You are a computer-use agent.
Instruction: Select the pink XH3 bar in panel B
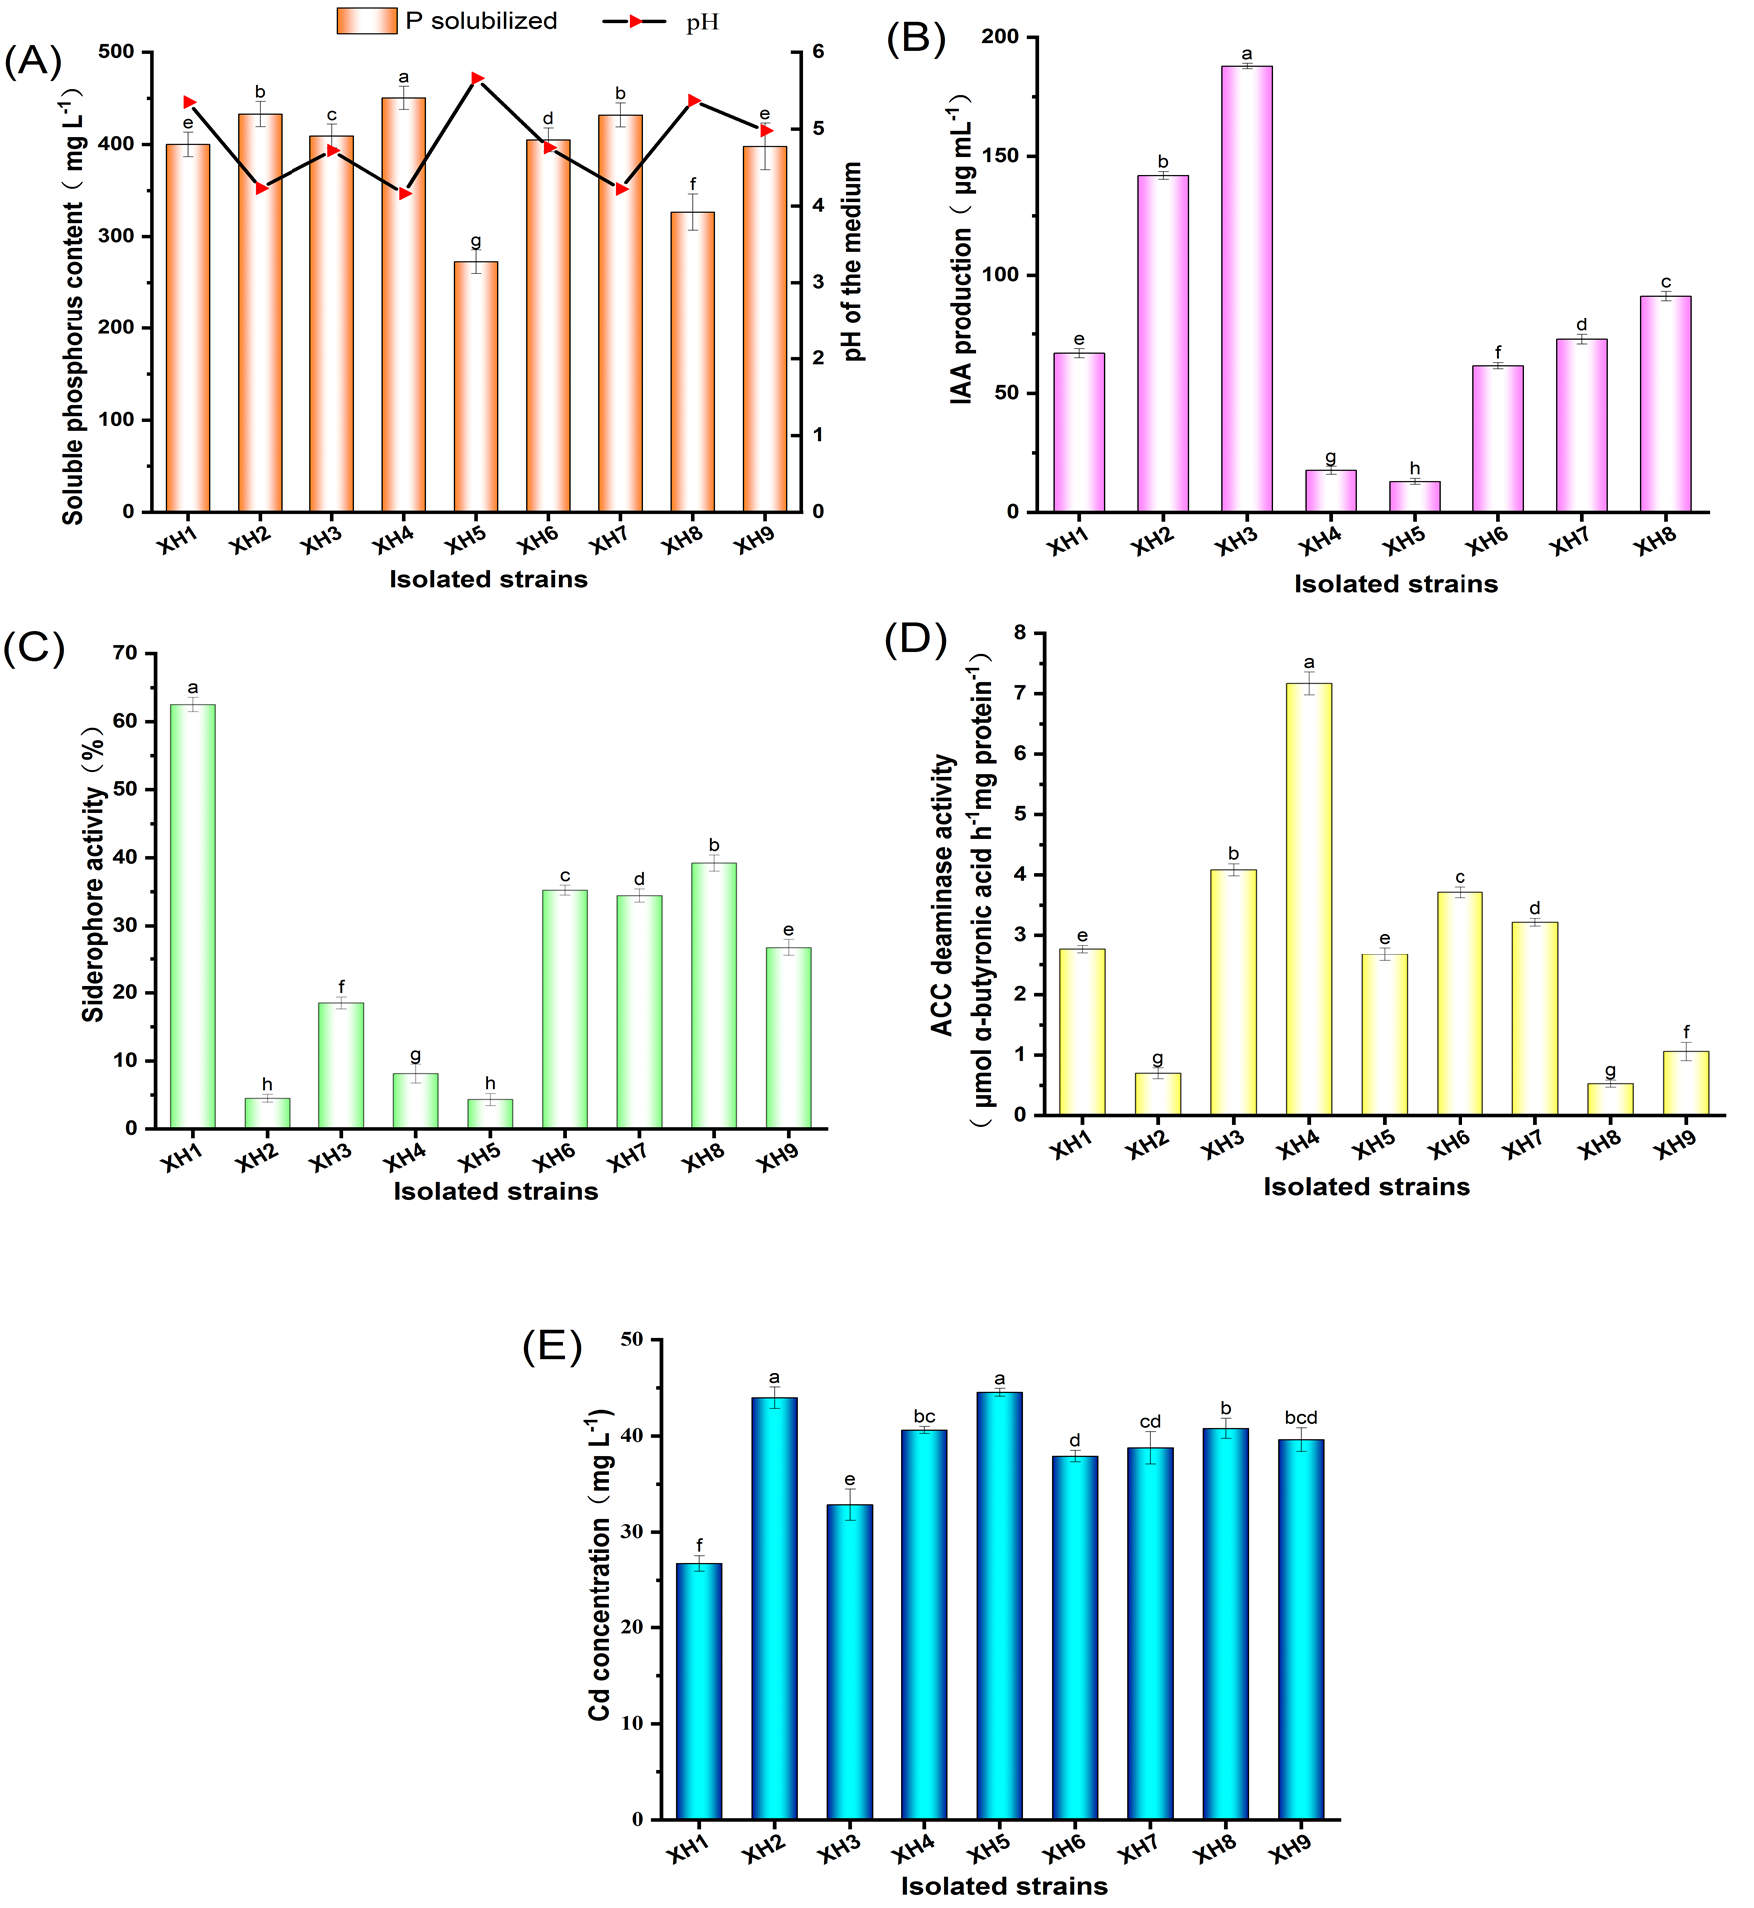click(x=1246, y=290)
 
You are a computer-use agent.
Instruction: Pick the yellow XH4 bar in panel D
click(x=1309, y=899)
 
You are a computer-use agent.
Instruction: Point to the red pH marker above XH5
click(x=477, y=78)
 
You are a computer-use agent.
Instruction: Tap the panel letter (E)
click(x=552, y=1347)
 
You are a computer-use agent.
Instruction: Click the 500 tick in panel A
click(x=116, y=52)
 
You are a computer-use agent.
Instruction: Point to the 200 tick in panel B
click(x=1000, y=37)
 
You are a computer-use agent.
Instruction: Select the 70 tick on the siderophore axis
click(x=126, y=653)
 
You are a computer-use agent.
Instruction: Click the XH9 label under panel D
click(x=1674, y=1145)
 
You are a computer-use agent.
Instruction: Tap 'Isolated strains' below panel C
click(x=495, y=1191)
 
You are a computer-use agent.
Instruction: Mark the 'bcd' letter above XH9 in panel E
click(x=1301, y=1418)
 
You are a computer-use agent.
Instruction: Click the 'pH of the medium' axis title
click(x=852, y=262)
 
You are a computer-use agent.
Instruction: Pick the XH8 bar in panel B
click(x=1665, y=403)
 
